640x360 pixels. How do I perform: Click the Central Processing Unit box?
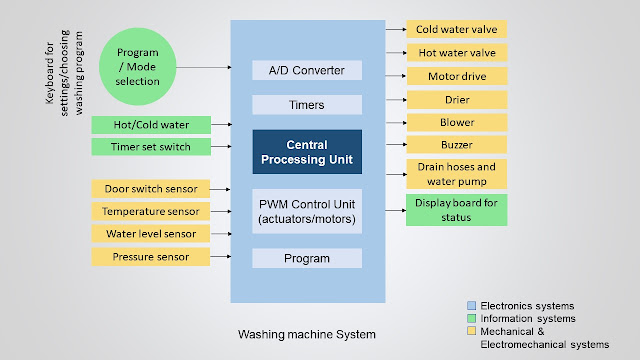point(307,152)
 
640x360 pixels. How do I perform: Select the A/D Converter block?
point(307,70)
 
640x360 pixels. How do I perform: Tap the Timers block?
point(307,104)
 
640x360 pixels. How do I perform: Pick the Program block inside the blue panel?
point(307,258)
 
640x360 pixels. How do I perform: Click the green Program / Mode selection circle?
point(138,66)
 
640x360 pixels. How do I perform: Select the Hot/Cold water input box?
point(150,125)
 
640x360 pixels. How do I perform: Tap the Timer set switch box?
point(150,147)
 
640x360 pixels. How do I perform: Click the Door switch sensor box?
point(150,188)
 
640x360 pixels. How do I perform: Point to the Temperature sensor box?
point(150,211)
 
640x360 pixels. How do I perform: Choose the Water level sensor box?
point(150,234)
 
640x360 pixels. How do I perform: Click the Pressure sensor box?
point(150,257)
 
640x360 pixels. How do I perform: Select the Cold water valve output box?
point(456,29)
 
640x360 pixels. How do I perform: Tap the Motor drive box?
point(456,75)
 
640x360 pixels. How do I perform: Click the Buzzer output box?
point(456,144)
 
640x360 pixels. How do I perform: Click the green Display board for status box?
point(456,210)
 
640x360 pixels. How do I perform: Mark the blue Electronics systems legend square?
point(470,305)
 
